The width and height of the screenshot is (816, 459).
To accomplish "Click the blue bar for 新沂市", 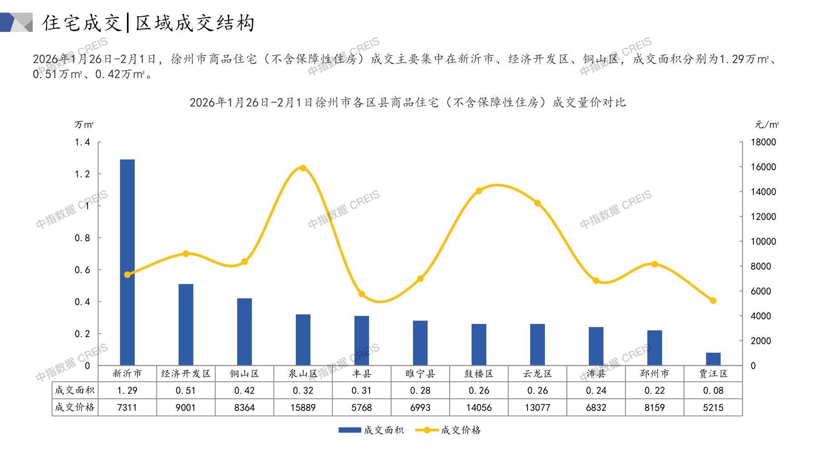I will pyautogui.click(x=127, y=262).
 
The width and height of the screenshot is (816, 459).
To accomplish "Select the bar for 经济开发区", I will pyautogui.click(x=186, y=324).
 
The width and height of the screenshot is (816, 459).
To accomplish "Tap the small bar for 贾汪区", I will pyautogui.click(x=713, y=359).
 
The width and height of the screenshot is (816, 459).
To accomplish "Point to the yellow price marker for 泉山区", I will pyautogui.click(x=303, y=168).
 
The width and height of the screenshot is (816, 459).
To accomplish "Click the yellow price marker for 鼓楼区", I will pyautogui.click(x=479, y=191).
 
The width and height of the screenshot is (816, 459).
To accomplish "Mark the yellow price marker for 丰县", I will pyautogui.click(x=361, y=294).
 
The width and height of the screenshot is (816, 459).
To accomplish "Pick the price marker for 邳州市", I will pyautogui.click(x=654, y=264).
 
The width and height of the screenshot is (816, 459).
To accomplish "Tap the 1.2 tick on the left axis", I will pyautogui.click(x=82, y=174).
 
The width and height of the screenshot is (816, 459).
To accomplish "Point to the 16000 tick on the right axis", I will pyautogui.click(x=763, y=167).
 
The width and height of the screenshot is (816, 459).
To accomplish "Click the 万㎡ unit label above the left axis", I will pyautogui.click(x=84, y=125).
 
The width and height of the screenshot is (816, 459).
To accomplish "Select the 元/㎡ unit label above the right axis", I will pyautogui.click(x=767, y=125).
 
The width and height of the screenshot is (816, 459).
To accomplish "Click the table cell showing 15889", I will pyautogui.click(x=303, y=408).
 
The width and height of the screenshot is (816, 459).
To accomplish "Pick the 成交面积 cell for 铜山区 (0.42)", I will pyautogui.click(x=244, y=390).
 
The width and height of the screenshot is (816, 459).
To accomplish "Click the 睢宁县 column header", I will pyautogui.click(x=420, y=374).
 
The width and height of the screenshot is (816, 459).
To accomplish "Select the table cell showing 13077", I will pyautogui.click(x=537, y=408).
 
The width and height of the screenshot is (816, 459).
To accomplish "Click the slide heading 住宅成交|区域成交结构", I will pyautogui.click(x=148, y=23).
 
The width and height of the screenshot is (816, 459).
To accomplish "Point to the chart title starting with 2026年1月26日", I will pyautogui.click(x=407, y=102).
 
